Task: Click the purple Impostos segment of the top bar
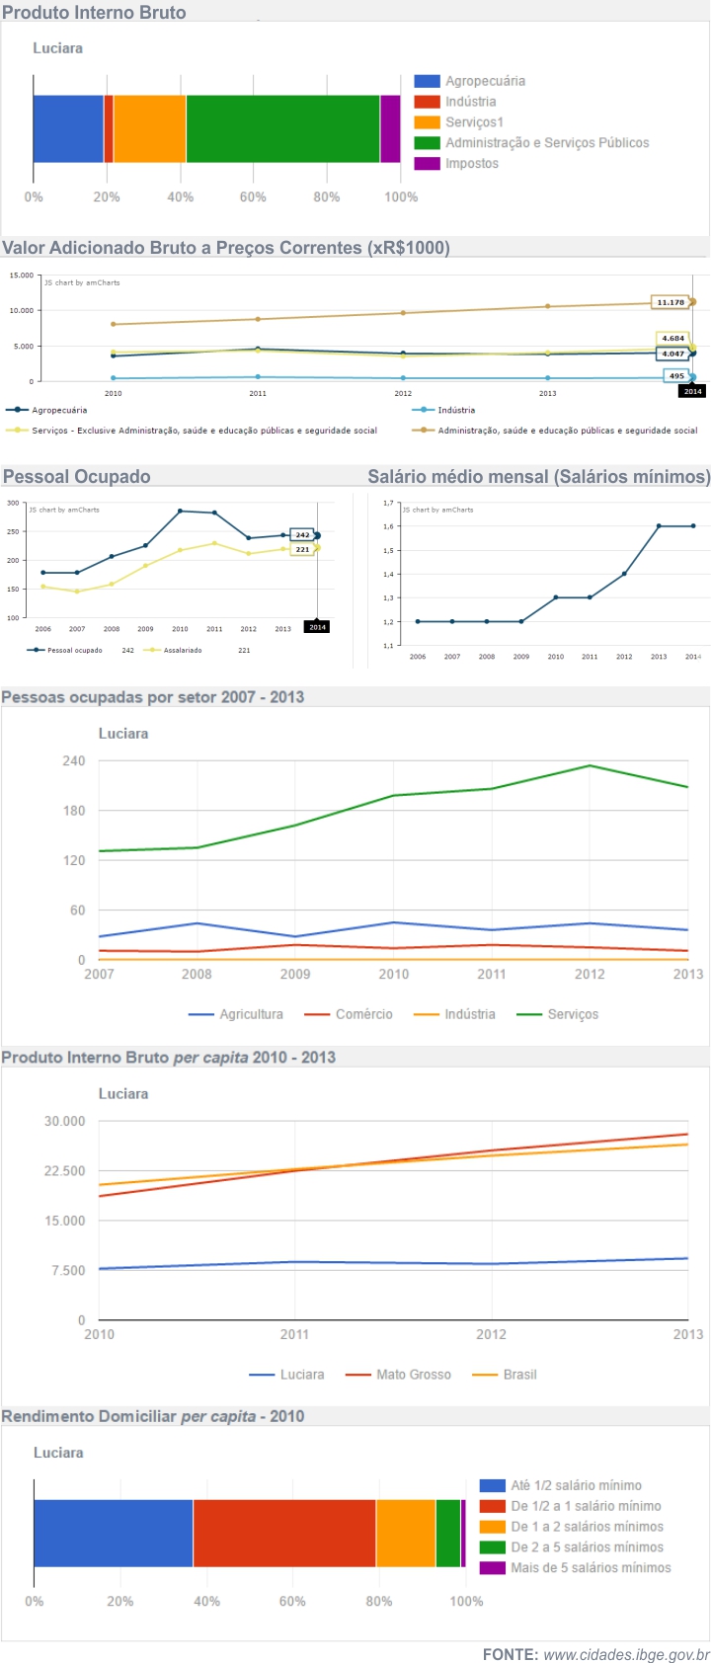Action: pos(390,128)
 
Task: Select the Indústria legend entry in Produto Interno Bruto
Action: pos(470,102)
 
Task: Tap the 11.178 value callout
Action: pos(671,302)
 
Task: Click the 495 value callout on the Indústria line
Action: pos(676,375)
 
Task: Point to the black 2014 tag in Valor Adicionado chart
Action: pos(692,391)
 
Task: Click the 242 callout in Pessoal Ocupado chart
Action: pos(301,534)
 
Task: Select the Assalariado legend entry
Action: pos(182,650)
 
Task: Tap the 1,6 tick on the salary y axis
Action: pos(388,526)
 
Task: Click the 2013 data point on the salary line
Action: pos(659,526)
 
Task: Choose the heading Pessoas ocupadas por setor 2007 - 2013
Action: pos(153,697)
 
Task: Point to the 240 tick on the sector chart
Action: pos(74,761)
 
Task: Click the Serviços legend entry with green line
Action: pos(572,1014)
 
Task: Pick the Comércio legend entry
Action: pos(362,1014)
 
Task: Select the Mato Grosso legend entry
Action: pos(412,1375)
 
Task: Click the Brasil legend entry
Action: pos(518,1375)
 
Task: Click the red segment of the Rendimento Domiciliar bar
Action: pos(284,1533)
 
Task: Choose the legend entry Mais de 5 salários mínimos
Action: pos(590,1568)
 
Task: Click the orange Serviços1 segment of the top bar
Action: pos(149,128)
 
